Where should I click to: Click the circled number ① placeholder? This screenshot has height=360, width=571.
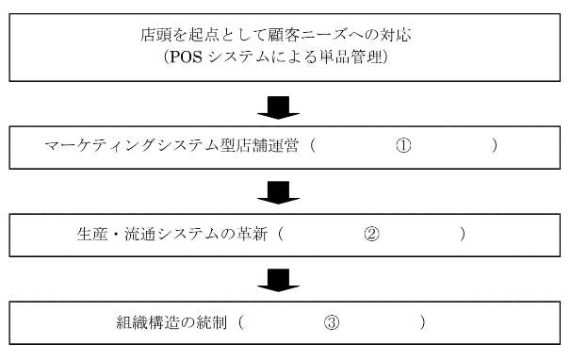click(403, 146)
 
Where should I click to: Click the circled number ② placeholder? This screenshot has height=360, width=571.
click(371, 234)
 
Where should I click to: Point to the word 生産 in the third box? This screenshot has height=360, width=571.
click(88, 234)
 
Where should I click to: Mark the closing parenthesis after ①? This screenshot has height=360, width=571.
click(495, 146)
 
